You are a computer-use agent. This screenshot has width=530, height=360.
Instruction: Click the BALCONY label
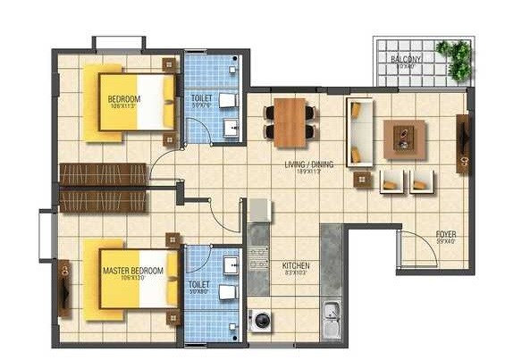coord(406,60)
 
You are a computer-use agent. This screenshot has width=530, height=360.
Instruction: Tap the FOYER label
coord(446,235)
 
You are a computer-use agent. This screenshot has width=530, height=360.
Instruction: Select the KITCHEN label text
coord(295,265)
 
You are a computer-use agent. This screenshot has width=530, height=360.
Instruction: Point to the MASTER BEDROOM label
coord(133,271)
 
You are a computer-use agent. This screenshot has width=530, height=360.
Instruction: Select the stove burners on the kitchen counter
coord(258,259)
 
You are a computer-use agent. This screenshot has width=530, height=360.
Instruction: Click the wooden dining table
coord(290,121)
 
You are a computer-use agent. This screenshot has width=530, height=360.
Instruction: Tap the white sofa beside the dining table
coord(360,133)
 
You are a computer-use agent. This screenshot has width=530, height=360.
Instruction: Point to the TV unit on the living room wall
coord(462,145)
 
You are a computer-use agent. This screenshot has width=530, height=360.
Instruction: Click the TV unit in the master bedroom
coord(63,287)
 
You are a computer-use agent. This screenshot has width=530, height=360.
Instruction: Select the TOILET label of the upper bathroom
coord(201,97)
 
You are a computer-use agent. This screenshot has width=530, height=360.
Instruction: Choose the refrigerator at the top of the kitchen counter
coord(258,210)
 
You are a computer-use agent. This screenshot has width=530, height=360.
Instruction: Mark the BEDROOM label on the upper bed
coord(123,99)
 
